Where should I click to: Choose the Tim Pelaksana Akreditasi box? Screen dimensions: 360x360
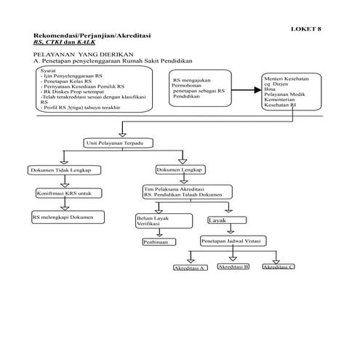[187, 192]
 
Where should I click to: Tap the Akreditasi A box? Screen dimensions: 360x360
[191, 268]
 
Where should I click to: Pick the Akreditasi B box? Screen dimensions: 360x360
[233, 268]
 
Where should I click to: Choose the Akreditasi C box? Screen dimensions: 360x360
[278, 268]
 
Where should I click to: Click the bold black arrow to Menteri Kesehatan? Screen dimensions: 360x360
[245, 90]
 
